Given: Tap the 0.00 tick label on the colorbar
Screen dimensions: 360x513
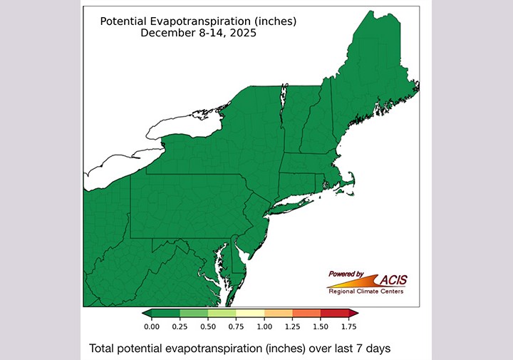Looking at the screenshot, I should click(x=152, y=326).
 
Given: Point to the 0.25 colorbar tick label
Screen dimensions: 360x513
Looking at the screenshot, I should click(x=180, y=326).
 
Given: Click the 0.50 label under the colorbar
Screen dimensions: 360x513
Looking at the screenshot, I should click(x=208, y=326).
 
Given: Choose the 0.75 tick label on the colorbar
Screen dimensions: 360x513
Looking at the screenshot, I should click(x=236, y=326).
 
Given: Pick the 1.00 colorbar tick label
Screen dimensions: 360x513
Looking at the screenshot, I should click(x=264, y=326).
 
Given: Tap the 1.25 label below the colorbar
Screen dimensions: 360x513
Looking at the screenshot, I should click(x=292, y=326).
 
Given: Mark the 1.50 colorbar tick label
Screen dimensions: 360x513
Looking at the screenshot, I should click(x=321, y=326).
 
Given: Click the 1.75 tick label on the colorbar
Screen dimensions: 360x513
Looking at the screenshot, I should click(x=348, y=326).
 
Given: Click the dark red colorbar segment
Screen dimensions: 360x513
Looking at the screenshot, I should click(x=334, y=313).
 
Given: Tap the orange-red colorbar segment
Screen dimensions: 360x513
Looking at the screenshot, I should click(x=306, y=313).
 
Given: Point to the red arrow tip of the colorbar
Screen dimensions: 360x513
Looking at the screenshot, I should click(x=353, y=313).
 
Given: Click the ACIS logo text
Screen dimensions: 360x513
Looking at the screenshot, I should click(x=400, y=279).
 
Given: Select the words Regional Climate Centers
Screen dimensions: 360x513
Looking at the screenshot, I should click(x=366, y=291).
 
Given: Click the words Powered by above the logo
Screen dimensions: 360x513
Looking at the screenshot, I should click(x=346, y=273).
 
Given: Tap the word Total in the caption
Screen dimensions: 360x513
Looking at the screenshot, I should click(x=103, y=349).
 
